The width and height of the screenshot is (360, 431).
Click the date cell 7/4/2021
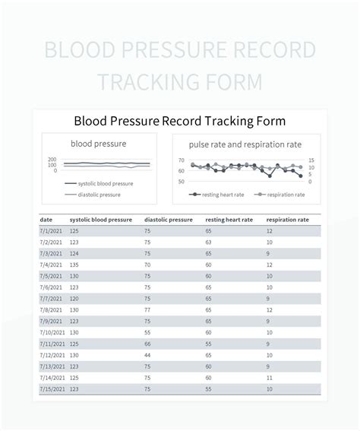coord(51,265)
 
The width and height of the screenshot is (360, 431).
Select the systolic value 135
coord(74,265)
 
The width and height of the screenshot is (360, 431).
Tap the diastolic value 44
coord(148,355)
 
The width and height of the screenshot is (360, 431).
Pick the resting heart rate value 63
coord(209,242)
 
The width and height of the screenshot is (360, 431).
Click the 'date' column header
coord(46,220)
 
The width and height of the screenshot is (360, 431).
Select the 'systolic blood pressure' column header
coord(100,220)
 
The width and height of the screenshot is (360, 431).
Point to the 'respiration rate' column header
coord(287,220)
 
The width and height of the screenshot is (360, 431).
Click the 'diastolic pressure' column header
coord(168,220)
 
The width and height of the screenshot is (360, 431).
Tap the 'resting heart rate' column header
coord(229,220)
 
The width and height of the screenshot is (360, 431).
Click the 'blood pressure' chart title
coord(99,143)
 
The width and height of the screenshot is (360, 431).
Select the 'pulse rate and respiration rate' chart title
coord(245,143)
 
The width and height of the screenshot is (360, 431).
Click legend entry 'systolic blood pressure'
coord(104,183)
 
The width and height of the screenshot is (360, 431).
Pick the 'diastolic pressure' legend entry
coord(98,195)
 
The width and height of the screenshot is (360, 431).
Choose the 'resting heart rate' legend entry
coord(221,195)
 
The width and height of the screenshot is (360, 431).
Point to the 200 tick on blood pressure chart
coord(52,160)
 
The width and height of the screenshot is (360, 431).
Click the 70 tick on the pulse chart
coord(181,160)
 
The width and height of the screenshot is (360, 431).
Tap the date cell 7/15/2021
coord(52,389)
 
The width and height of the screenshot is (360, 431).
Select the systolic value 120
coord(74,299)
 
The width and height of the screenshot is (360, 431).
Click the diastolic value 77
coord(148,310)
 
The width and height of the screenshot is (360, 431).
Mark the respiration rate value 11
coord(270,378)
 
